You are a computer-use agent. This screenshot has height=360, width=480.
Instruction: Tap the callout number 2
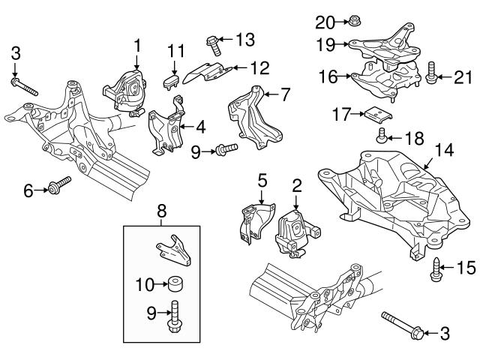[x=297, y=184]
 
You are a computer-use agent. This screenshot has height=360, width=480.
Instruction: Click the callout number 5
[x=262, y=180]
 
